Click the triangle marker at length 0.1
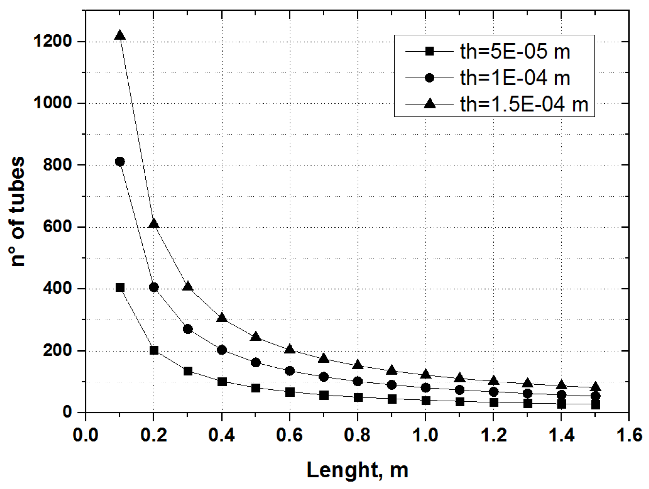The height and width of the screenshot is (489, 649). coord(120,35)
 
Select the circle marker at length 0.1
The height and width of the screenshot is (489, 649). coord(120,162)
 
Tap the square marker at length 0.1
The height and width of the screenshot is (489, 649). coord(120,288)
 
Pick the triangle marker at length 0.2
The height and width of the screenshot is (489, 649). coord(154,224)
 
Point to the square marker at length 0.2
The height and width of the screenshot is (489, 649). coord(154,351)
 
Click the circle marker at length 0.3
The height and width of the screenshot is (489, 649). coord(188,329)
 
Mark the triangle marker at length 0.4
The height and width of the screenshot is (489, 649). coord(222,318)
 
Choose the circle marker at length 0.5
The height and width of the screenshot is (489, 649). coord(256,362)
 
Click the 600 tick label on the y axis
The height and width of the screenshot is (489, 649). coord(58,227)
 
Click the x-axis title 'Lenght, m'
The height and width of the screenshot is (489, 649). coord(357,470)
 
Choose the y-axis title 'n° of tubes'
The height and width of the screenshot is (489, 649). coord(17,211)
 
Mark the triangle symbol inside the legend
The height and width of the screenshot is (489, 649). coord(429,104)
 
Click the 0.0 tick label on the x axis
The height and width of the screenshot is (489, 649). coord(86,435)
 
